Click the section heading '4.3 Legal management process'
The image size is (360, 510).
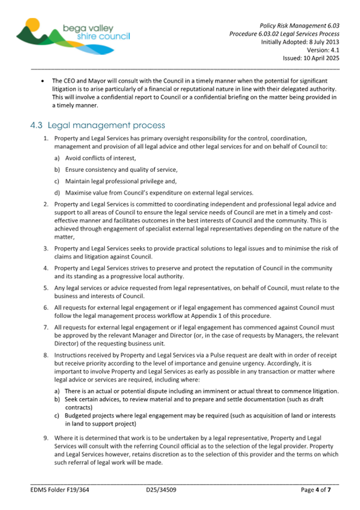98,125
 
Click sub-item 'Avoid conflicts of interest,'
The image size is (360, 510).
101,158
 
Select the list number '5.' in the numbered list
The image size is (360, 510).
46,288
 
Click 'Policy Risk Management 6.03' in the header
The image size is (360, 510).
300,25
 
